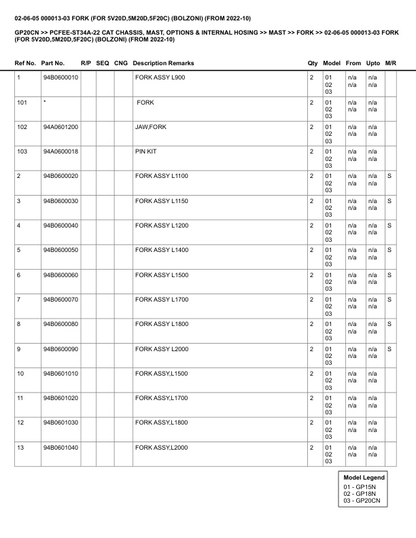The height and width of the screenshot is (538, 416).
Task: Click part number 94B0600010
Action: point(60,77)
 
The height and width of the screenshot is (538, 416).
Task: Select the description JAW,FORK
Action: point(150,127)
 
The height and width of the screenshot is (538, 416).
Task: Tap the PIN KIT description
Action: point(145,151)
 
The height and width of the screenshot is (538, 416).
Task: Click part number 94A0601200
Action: point(60,127)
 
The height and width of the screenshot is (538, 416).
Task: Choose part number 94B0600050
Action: point(60,251)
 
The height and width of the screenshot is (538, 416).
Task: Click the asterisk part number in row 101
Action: point(44,103)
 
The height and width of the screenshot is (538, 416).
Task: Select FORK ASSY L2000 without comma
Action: point(161,349)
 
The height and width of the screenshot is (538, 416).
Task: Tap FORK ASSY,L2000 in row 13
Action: point(161,448)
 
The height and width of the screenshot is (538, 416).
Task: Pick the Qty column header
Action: point(313,63)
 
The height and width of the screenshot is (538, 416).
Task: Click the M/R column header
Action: point(390,63)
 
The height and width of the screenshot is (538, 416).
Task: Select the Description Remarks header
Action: point(163,63)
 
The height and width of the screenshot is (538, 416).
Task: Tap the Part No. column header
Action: point(53,63)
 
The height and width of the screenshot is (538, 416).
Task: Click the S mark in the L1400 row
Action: point(389,251)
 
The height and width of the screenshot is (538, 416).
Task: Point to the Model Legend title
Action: point(364,478)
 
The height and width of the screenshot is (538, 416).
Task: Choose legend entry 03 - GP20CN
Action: point(361,501)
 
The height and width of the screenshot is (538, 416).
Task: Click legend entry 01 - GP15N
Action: point(360,486)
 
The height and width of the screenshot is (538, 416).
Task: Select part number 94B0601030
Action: point(60,423)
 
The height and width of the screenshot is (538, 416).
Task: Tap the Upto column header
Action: point(372,63)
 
